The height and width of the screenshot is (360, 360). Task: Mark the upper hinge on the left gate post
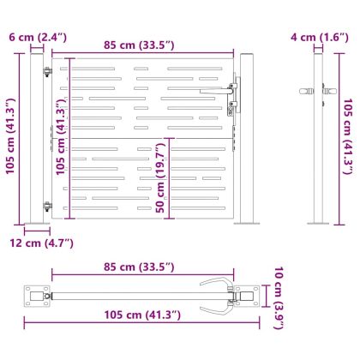(x=47, y=74)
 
